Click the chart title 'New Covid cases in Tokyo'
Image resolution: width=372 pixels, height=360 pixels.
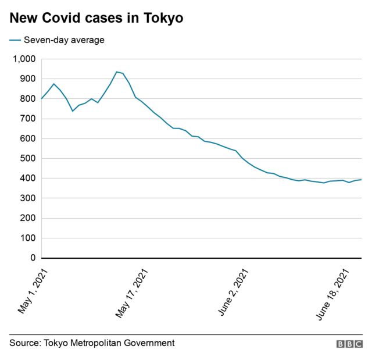click(96, 19)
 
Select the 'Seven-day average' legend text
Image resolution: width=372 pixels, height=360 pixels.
click(64, 40)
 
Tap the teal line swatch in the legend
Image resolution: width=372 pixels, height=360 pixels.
click(15, 40)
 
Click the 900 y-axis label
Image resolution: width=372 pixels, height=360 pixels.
click(27, 79)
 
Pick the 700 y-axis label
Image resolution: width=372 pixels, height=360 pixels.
click(27, 119)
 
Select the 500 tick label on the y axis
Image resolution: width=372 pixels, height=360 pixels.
click(27, 159)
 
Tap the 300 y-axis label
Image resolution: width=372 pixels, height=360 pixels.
click(27, 198)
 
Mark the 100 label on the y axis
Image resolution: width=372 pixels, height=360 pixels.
click(27, 238)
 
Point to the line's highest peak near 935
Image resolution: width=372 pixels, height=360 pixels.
click(117, 72)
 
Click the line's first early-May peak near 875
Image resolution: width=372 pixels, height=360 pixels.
click(54, 84)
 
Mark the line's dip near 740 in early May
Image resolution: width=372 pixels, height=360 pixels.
click(73, 111)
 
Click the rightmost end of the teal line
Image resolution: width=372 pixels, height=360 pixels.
click(361, 180)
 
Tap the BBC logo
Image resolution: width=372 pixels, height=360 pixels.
click(349, 344)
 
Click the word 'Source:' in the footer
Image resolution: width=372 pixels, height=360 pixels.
click(25, 343)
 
